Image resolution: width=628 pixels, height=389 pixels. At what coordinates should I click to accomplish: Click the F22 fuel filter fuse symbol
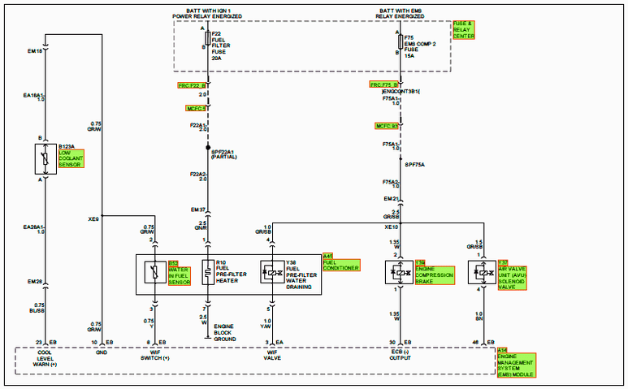[207, 41]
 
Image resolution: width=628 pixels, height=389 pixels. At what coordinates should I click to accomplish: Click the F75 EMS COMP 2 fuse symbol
[400, 41]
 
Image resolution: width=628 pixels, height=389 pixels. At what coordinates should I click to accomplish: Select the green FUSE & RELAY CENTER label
[464, 30]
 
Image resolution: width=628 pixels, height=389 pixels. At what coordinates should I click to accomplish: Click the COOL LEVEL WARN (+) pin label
[45, 360]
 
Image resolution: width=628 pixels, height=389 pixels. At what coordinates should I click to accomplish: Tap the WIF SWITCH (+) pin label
[156, 360]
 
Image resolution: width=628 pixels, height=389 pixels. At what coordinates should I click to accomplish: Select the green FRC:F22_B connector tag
[193, 84]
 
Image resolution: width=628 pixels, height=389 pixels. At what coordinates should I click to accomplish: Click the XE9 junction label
[93, 218]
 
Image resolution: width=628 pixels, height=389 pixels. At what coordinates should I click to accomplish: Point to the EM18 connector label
[35, 51]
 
